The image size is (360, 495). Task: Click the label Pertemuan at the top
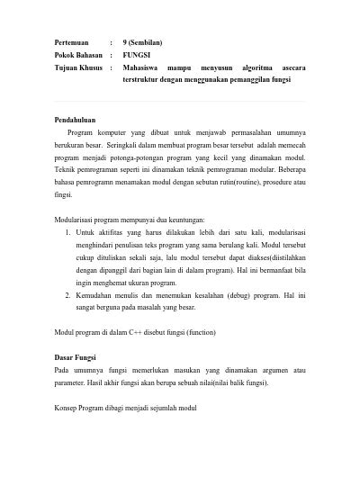click(x=71, y=42)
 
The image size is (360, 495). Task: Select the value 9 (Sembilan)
click(x=149, y=42)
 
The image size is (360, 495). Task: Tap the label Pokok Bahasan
click(x=77, y=55)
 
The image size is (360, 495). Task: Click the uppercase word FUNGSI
click(x=137, y=55)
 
